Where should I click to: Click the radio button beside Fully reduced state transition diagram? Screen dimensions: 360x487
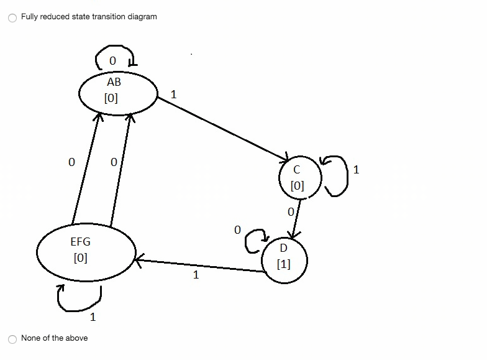tap(12, 17)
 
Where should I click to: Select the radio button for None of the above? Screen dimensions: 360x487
tap(12, 338)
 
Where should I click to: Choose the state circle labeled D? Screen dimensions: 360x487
tap(284, 257)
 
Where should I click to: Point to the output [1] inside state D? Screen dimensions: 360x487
tap(283, 264)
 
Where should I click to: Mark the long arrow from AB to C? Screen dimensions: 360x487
tap(224, 128)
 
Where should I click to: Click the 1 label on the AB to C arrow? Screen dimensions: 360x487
tap(173, 95)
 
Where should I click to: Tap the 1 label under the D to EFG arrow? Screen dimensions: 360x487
tap(196, 275)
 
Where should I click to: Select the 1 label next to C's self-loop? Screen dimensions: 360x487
tap(356, 169)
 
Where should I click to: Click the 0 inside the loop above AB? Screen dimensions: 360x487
tap(112, 61)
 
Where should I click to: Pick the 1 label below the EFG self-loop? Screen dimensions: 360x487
tap(93, 318)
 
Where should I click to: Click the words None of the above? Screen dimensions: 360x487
tap(54, 338)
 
